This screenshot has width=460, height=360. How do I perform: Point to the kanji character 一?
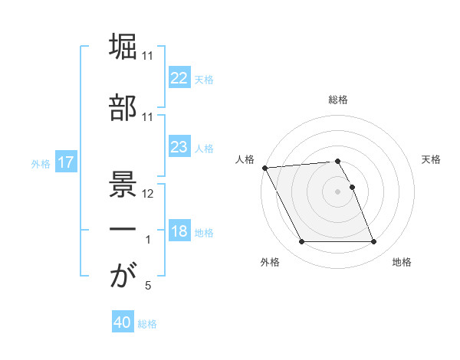pos(123,227)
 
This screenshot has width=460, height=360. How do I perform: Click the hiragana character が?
pos(123,275)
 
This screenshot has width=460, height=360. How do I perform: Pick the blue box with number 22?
pos(179,78)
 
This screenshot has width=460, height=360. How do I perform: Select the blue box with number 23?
pos(179,147)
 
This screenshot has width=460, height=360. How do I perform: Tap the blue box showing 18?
pos(179,231)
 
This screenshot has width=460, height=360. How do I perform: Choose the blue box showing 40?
pos(123,323)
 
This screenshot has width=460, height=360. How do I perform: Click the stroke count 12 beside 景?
pos(149,194)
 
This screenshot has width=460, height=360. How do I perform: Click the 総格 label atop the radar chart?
pos(338,100)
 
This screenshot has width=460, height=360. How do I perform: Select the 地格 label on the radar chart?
pos(402,262)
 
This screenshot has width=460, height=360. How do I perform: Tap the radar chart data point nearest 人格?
pos(264,168)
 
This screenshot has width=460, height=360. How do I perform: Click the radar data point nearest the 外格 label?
pos(301,242)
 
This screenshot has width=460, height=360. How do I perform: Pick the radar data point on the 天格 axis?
pos(352,187)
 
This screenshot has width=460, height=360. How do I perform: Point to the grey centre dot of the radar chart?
pos(338,191)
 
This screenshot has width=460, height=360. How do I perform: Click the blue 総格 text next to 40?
pos(147,324)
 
